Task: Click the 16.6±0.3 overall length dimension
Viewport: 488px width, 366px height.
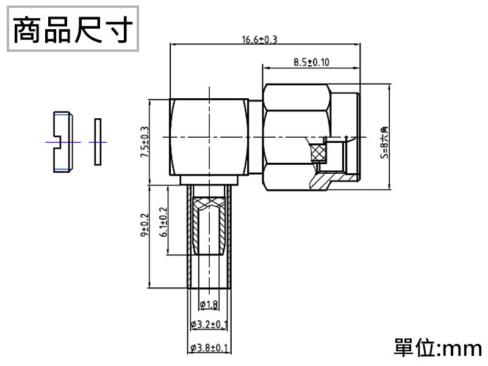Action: tap(259, 40)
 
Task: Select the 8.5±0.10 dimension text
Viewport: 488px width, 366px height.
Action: tap(311, 62)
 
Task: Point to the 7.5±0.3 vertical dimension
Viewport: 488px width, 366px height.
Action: tap(145, 142)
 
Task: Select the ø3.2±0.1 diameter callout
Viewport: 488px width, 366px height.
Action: tap(209, 323)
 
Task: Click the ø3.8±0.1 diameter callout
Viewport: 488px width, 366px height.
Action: tap(209, 348)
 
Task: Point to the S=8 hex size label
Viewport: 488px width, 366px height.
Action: tap(384, 142)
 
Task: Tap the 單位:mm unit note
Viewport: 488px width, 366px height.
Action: tap(438, 348)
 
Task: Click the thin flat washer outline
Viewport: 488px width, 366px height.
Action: tap(97, 142)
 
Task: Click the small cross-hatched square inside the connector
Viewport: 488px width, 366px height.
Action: tap(318, 153)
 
